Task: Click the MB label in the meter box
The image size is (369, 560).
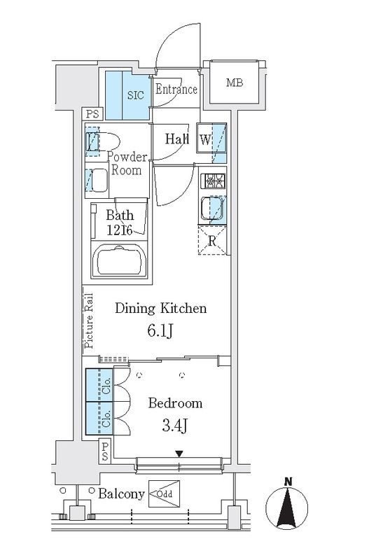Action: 235,83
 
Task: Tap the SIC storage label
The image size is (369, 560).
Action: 136,95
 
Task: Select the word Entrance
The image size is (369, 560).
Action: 176,89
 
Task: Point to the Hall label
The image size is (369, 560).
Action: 177,139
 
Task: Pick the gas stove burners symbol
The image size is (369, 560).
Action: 213,181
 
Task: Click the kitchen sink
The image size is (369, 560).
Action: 213,208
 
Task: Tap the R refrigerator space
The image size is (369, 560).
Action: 212,240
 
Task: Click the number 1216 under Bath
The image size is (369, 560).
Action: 120,230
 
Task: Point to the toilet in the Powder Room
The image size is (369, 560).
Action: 102,142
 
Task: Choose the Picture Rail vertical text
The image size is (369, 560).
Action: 89,321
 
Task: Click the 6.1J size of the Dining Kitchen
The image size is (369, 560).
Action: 160,331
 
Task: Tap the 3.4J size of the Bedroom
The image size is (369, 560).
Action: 174,426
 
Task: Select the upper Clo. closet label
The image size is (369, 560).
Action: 106,386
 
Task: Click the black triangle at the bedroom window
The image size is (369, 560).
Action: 179,454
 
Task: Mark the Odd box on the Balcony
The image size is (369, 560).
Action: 164,494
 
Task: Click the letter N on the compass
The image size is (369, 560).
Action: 288,482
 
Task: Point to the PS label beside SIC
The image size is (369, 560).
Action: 92,114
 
